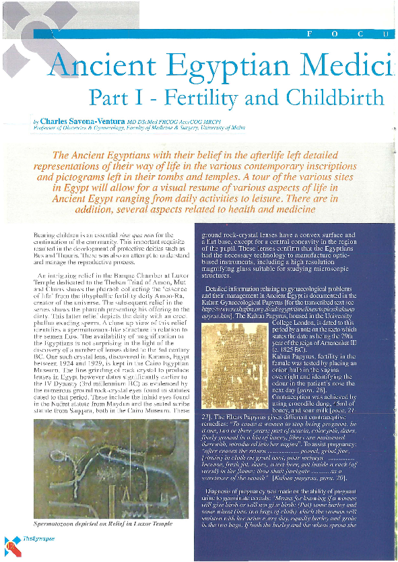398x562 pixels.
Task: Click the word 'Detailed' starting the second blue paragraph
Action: click(222, 290)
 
